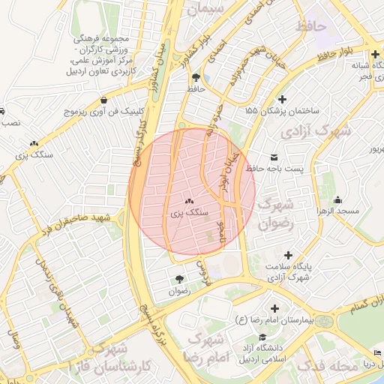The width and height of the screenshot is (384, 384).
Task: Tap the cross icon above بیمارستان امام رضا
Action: (274, 308)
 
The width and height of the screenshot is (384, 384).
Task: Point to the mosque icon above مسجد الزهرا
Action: (338, 200)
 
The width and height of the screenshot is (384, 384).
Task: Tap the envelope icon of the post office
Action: (274, 156)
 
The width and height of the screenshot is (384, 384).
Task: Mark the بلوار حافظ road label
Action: (334, 55)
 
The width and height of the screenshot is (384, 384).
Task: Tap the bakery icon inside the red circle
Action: (189, 201)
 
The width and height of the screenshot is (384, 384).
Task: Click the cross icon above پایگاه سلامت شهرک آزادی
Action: (288, 255)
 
